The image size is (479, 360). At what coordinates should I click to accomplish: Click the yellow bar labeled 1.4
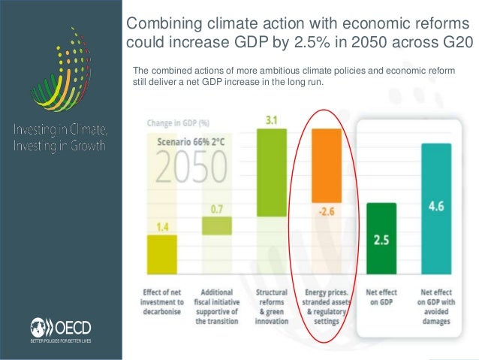pyautogui.click(x=162, y=256)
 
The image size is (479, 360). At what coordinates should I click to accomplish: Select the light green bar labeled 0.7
pyautogui.click(x=216, y=225)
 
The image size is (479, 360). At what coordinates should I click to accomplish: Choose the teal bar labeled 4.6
pyautogui.click(x=436, y=210)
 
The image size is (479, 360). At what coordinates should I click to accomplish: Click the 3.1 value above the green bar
pyautogui.click(x=272, y=120)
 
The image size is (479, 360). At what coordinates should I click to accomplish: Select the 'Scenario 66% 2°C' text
pyautogui.click(x=188, y=141)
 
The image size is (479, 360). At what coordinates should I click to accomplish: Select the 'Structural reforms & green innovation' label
pyautogui.click(x=272, y=306)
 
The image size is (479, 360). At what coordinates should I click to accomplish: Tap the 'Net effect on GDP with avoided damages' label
pyautogui.click(x=436, y=306)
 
